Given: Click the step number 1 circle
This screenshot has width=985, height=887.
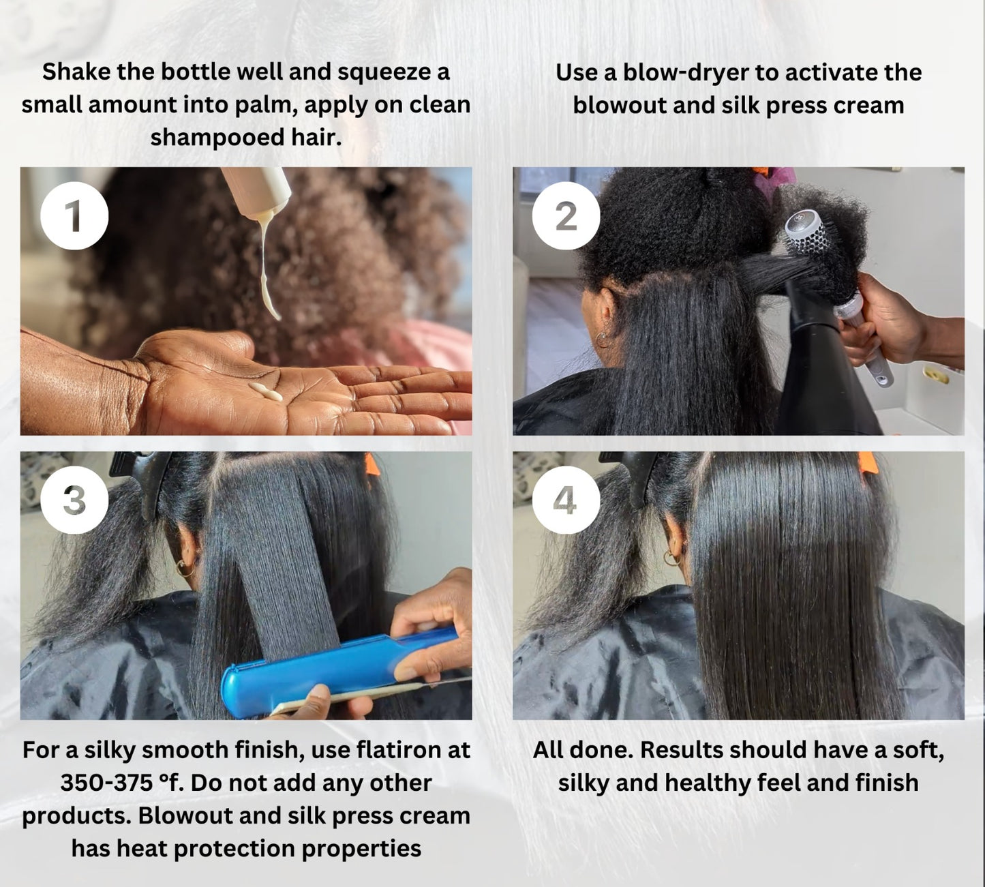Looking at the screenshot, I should [74, 216].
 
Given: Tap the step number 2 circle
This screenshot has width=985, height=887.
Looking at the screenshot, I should [566, 216].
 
